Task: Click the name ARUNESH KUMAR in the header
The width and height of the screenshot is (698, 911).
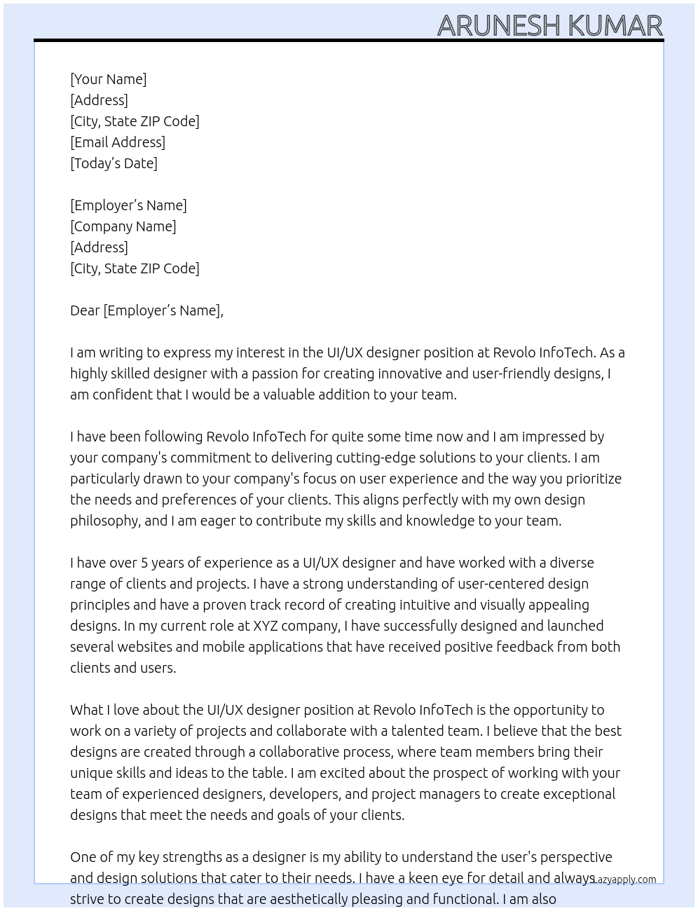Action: tap(549, 26)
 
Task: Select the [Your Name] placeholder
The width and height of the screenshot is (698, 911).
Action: tap(108, 79)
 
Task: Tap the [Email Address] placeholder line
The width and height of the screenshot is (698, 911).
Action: tap(118, 142)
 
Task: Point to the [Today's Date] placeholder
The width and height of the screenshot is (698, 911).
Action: tap(114, 163)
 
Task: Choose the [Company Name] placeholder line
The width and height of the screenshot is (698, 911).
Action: tap(123, 226)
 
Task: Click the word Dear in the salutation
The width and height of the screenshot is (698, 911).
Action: tap(85, 310)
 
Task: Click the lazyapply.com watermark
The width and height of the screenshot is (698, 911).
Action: tap(624, 879)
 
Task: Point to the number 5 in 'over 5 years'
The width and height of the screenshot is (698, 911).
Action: tap(144, 563)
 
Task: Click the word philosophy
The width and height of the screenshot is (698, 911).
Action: tap(104, 521)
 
